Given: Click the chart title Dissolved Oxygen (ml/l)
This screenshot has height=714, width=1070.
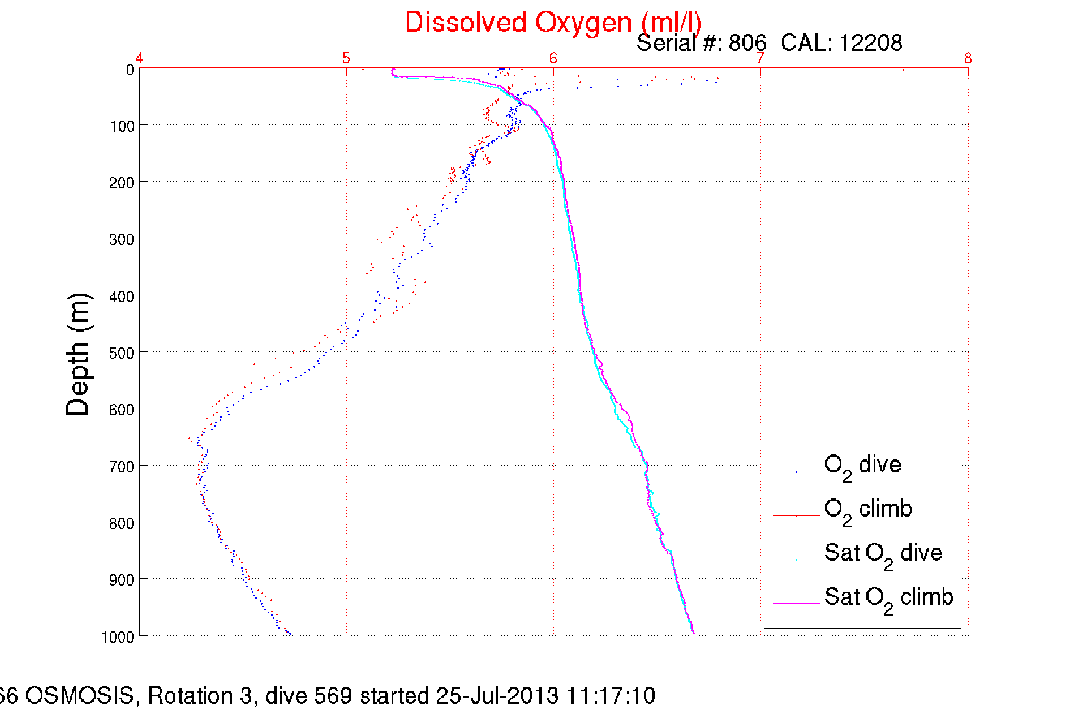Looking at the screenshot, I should tap(553, 23).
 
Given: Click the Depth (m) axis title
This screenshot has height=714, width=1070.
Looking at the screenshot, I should tap(78, 355).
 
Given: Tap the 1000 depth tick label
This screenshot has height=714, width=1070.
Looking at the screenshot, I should tap(118, 637).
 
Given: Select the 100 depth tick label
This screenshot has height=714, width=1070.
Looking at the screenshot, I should tap(122, 126).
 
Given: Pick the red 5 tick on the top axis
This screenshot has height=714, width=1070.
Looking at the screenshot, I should tap(346, 58).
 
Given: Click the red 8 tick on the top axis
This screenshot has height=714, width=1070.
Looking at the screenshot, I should tap(968, 58).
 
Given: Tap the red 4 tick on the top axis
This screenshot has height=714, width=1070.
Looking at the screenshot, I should tap(139, 58).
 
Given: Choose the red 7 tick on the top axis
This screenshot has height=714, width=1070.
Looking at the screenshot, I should tap(760, 58).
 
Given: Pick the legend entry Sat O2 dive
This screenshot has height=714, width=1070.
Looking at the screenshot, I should tap(883, 554).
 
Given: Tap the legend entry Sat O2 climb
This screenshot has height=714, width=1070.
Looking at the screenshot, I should tap(888, 598).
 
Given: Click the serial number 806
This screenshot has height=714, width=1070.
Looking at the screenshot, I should tap(747, 43).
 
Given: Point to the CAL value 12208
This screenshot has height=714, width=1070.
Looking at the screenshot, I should tap(870, 43).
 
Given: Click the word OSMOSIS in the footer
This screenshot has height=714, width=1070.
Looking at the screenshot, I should tap(80, 695).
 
